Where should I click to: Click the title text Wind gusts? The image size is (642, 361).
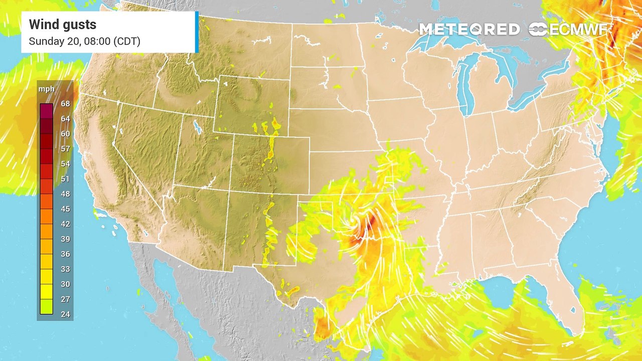point(62,25)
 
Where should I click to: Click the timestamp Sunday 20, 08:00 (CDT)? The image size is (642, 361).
point(84,41)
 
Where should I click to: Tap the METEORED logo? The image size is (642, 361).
point(469,30)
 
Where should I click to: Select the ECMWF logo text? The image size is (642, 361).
point(578,30)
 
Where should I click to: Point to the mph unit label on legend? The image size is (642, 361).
point(47,89)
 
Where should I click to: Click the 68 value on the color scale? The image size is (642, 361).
point(65,104)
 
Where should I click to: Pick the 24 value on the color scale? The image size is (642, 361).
point(65,314)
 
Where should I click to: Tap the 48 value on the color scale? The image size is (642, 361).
point(65,194)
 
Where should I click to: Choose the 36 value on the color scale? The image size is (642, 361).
point(65,254)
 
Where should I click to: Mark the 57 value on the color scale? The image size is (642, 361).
point(65,149)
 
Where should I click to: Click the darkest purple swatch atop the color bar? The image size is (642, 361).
point(47,109)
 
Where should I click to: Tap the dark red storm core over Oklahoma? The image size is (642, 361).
point(370,223)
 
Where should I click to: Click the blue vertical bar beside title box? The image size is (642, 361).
point(197,32)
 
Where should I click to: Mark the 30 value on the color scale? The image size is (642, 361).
point(65,284)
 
